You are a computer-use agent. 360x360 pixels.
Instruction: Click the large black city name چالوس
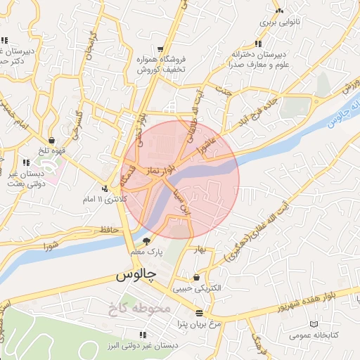pos(136,278)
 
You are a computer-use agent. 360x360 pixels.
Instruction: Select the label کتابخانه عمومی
pos(314,335)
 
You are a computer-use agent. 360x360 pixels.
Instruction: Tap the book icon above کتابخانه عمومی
pos(314,324)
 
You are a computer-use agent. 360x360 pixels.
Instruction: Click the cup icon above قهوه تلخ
pos(53,141)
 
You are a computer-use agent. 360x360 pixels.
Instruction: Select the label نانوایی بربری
pos(280,22)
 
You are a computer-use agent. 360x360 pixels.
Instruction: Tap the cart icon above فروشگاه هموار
pos(161,49)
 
